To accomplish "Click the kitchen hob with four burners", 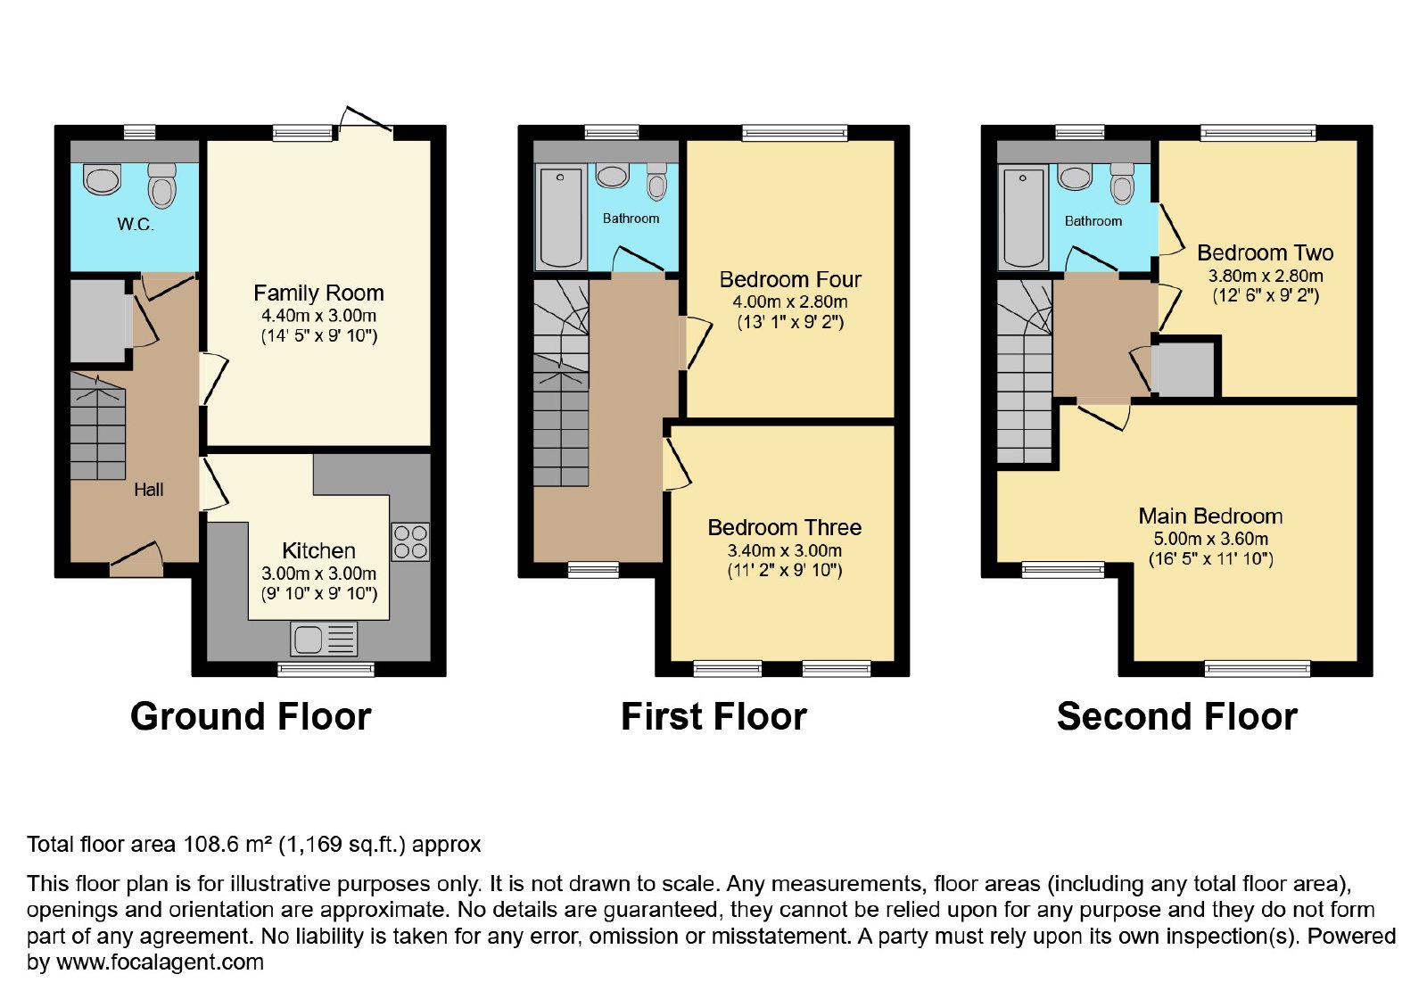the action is tap(410, 541).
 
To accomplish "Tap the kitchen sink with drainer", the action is tap(324, 639).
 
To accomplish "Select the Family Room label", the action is tap(318, 293).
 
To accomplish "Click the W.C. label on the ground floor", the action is tap(136, 224).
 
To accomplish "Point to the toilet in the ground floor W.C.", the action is tap(161, 186).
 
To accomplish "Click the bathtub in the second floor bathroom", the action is tap(1022, 218).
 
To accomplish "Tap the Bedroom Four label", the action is tap(790, 279).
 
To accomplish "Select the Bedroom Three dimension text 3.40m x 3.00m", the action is tap(784, 550).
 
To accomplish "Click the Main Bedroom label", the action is tap(1210, 516).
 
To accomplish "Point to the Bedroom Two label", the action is tap(1266, 253).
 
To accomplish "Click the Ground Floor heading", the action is tap(251, 716).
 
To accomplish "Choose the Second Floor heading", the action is tap(1177, 716).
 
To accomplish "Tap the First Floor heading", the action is tap(714, 716).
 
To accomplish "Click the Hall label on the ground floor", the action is tap(148, 490).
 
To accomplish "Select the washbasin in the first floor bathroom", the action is tap(612, 176).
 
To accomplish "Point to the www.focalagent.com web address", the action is tap(160, 962).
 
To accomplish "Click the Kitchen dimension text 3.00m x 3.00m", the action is tap(318, 574).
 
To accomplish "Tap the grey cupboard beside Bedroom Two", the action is tap(1185, 369).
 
